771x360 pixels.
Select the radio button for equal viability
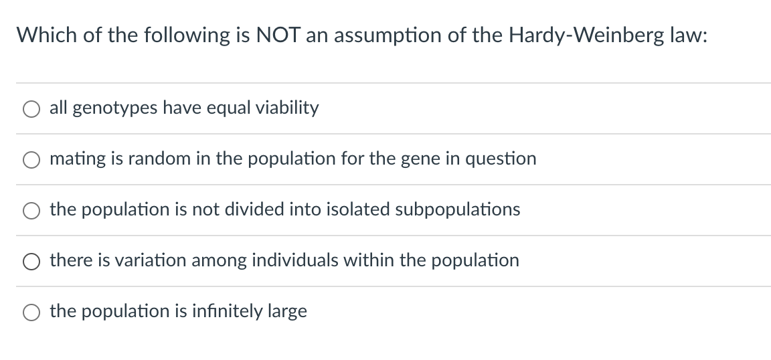[x=31, y=109]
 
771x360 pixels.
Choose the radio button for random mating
[x=31, y=160]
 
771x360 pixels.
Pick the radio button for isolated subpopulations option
[x=31, y=211]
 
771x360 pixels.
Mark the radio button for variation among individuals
[x=31, y=262]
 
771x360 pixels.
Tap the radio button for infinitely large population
[x=31, y=312]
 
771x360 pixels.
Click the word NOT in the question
[x=278, y=35]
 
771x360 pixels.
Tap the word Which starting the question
[x=47, y=35]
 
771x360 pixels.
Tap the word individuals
[x=295, y=260]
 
